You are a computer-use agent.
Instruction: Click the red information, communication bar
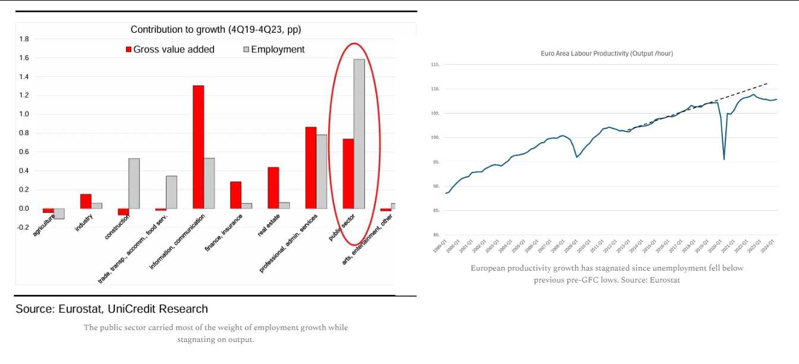[x=198, y=147]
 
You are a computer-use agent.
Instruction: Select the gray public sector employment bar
[x=359, y=134]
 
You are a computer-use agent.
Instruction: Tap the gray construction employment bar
[x=134, y=183]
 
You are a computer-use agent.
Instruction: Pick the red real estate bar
[x=273, y=188]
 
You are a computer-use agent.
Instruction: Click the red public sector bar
[x=348, y=174]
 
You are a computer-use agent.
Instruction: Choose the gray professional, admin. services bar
[x=322, y=171]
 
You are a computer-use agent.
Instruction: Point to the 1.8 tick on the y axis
[x=24, y=39]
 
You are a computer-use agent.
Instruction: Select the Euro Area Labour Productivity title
[x=606, y=54]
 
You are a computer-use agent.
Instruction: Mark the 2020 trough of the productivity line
[x=723, y=159]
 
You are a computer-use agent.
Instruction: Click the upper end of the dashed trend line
[x=767, y=84]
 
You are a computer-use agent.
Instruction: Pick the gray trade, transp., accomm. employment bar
[x=171, y=192]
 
